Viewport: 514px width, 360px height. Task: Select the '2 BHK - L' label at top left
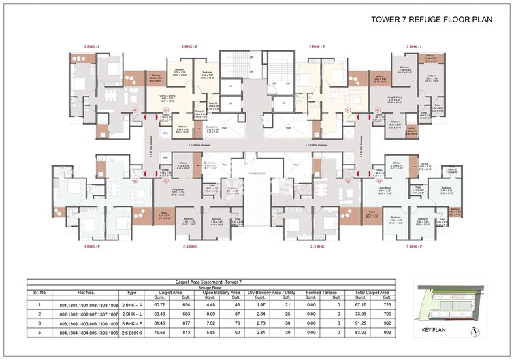[91, 46]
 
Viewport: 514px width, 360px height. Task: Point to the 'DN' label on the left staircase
[251, 58]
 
